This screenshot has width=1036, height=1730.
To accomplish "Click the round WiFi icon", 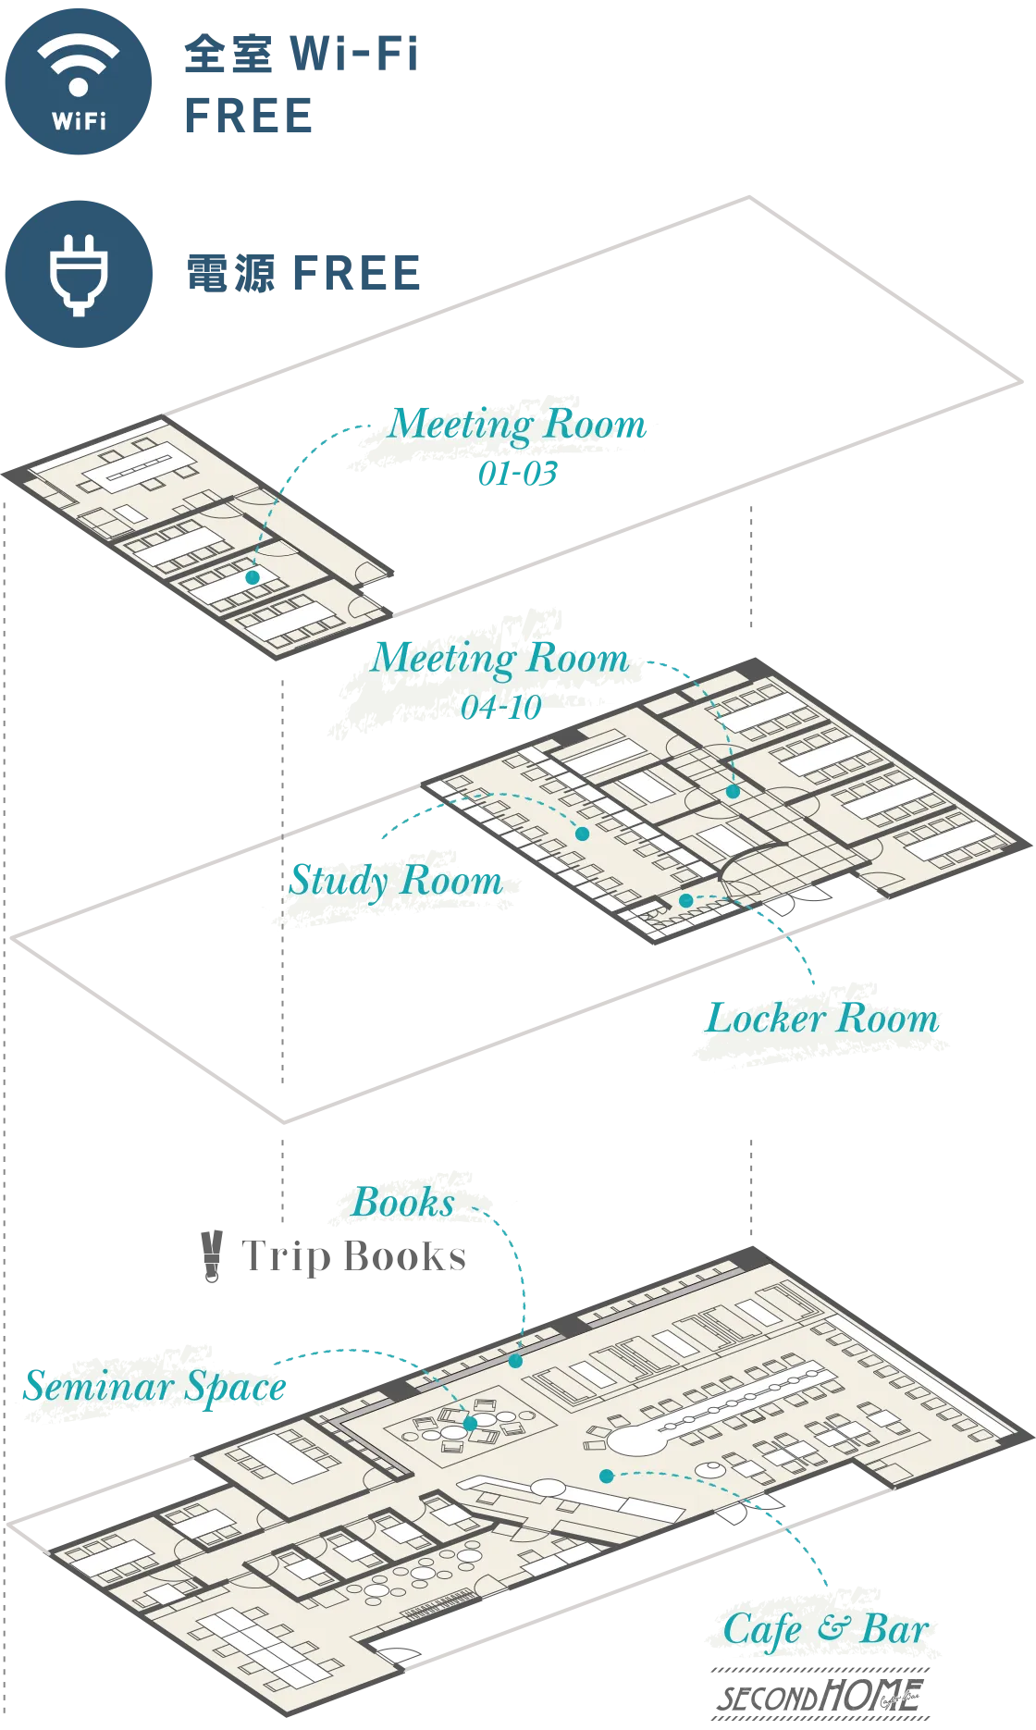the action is coord(79,81).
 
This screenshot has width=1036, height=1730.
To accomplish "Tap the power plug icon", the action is coord(79,274).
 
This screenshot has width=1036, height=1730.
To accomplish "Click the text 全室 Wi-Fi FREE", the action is coord(302,84).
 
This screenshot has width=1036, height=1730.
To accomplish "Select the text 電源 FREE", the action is coord(303,274).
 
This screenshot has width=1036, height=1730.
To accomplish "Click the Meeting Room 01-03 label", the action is coord(517,446).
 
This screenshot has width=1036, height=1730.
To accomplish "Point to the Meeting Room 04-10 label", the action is coord(500,680).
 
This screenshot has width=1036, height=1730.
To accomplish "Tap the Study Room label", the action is coord(396,880).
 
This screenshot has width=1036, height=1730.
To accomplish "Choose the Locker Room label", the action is coord(822,1019).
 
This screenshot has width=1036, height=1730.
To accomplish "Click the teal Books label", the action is coord(404,1203).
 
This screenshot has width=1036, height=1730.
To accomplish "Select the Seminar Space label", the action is coord(155,1387).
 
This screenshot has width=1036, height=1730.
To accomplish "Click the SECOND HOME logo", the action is coord(820,1694).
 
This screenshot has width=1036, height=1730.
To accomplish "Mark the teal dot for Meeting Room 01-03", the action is coord(253,577).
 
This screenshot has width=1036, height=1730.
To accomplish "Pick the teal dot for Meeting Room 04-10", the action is coord(733,792).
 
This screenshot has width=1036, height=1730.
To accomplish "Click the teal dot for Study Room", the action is coord(583,834).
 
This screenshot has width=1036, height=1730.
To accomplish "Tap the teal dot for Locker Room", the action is coord(686,900).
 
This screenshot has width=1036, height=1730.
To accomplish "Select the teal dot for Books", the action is coord(516,1361).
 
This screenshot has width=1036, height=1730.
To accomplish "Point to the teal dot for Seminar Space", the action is coord(470,1424).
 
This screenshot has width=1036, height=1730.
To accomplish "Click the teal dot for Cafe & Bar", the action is coord(607,1476).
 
